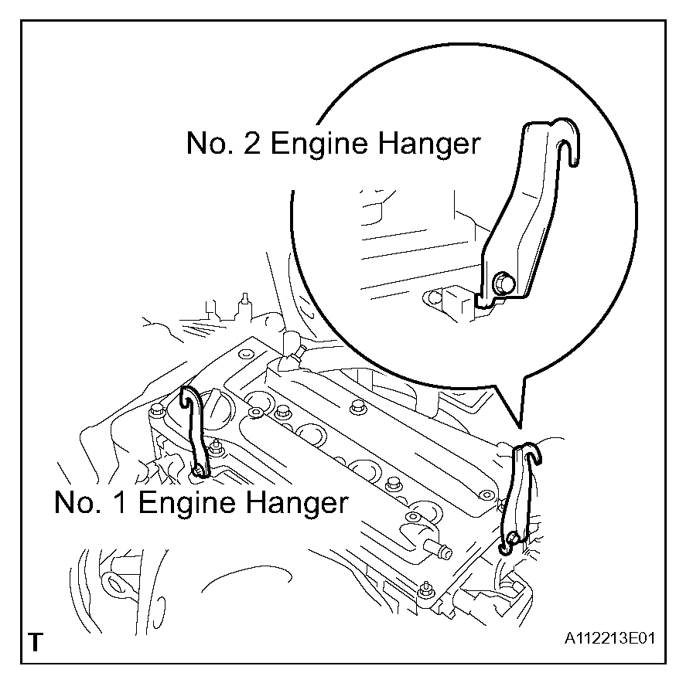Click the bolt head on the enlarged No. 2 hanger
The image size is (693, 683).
[x=504, y=284]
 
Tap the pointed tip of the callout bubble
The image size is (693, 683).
[x=519, y=424]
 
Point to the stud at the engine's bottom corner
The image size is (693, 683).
[x=425, y=590]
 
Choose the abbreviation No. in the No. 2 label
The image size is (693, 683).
[x=210, y=144]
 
